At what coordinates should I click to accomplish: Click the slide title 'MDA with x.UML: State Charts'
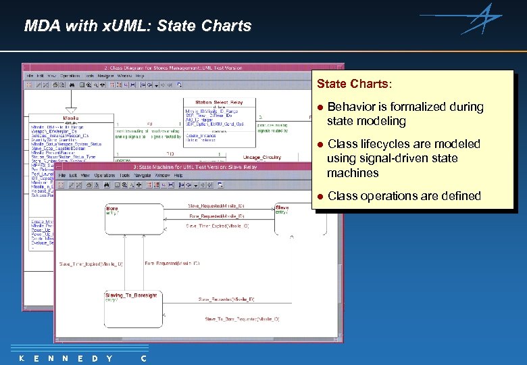point(137,26)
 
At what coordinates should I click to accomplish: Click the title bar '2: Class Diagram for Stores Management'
point(182,68)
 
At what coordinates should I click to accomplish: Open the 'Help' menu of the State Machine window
point(178,175)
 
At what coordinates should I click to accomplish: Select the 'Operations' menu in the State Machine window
point(104,175)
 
